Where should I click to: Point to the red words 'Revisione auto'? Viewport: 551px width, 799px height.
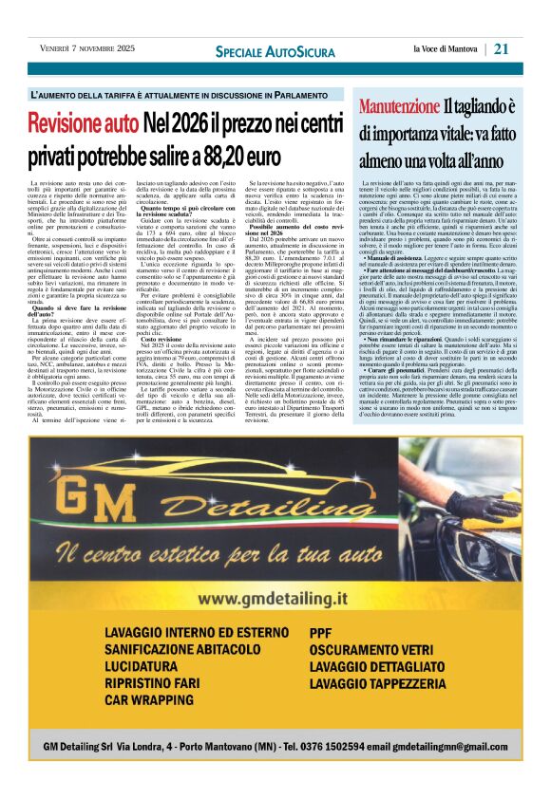click(83, 122)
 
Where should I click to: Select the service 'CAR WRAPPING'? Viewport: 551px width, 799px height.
click(147, 727)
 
